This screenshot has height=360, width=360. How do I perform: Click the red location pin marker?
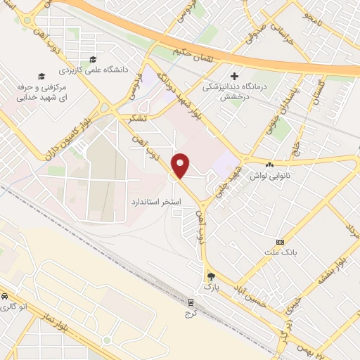181,165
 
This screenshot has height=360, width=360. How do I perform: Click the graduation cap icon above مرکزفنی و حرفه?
41,75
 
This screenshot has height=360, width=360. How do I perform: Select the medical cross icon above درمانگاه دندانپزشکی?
235,75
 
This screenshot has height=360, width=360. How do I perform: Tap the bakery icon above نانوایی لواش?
270,165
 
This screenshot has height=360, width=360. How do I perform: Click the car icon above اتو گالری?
5,295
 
